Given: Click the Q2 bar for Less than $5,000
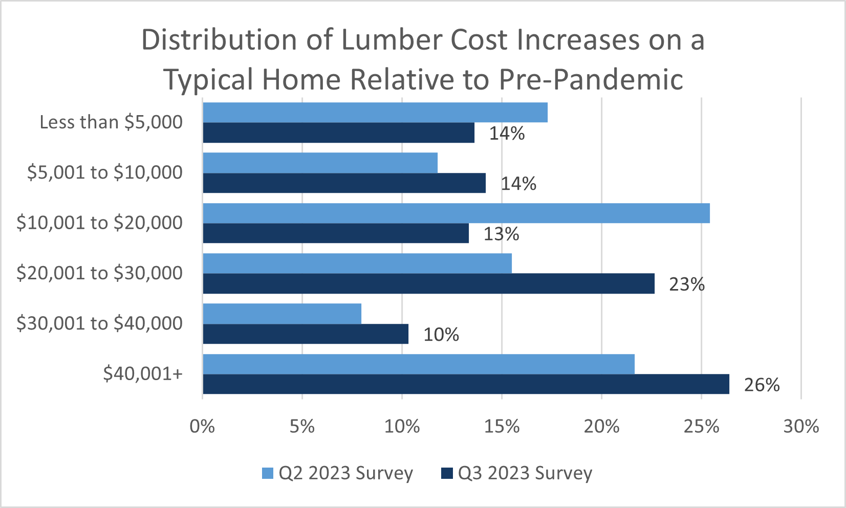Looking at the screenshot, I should (375, 113).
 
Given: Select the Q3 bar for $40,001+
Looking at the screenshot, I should (466, 384).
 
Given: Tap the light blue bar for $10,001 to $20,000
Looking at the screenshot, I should (455, 213).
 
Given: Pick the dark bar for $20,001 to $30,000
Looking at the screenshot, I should (428, 283).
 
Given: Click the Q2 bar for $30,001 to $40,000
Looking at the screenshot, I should (282, 314).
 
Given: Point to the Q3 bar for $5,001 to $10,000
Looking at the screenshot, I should (344, 183).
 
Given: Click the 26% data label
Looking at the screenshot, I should (762, 385).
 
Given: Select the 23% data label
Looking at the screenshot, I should (686, 284).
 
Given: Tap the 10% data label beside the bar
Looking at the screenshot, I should (441, 335).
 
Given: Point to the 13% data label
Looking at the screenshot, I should (501, 234).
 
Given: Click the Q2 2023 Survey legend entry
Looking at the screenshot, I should (337, 473).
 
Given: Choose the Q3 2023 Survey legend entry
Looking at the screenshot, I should (516, 473).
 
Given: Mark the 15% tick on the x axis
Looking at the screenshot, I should (502, 426).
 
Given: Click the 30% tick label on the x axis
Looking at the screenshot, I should (801, 426).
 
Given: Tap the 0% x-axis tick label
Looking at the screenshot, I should (202, 426).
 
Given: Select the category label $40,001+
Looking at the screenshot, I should (143, 374).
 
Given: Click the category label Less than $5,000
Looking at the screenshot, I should (111, 122).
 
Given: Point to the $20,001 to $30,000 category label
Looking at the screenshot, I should (99, 273).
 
